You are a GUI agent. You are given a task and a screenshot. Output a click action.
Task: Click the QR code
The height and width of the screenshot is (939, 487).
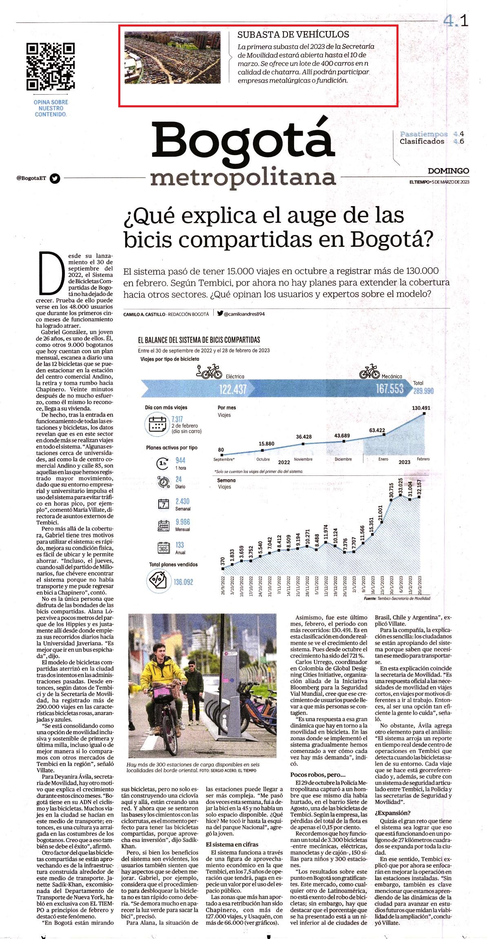pyautogui.click(x=51, y=67)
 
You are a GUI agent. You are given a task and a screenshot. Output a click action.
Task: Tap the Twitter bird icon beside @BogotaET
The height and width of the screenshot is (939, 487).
pyautogui.click(x=55, y=178)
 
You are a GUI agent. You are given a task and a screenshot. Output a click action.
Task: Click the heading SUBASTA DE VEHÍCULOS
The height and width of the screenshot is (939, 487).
pyautogui.click(x=293, y=35)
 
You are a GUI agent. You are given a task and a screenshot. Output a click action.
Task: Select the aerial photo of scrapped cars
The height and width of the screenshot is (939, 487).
pyautogui.click(x=173, y=57)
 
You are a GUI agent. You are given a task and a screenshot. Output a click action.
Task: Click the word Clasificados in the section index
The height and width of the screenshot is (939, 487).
pyautogui.click(x=422, y=142)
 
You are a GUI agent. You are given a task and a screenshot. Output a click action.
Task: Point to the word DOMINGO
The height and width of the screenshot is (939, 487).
pyautogui.click(x=448, y=171)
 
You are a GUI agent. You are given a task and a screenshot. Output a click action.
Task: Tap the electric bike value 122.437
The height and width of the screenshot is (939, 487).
pyautogui.click(x=233, y=389)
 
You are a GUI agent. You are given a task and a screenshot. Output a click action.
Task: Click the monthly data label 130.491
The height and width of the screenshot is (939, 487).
pyautogui.click(x=421, y=408)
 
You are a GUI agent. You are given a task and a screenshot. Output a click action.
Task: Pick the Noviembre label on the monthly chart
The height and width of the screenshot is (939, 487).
pyautogui.click(x=303, y=460)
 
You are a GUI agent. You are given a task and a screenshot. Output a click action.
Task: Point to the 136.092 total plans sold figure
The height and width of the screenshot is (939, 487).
pyautogui.click(x=183, y=582)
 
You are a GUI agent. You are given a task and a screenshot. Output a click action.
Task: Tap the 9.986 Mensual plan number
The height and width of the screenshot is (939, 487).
pyautogui.click(x=183, y=522)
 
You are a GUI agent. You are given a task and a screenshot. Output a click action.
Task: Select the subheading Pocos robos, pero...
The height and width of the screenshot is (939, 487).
pyautogui.click(x=318, y=775)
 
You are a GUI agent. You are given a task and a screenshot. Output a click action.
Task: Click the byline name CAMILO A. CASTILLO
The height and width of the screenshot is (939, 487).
pyautogui.click(x=144, y=314)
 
